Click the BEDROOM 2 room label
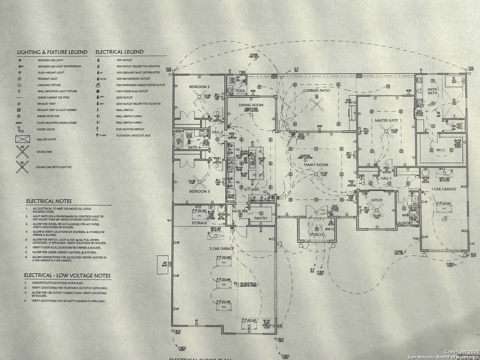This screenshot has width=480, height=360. (x=199, y=87)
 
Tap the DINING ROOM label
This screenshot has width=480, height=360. (x=251, y=105)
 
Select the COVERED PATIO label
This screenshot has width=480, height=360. (x=316, y=91)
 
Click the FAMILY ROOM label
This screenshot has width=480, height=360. (x=316, y=165)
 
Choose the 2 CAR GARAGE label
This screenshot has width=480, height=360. (x=222, y=248)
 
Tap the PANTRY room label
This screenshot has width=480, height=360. (x=261, y=218)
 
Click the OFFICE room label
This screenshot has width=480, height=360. (x=377, y=200)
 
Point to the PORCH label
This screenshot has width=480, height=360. (x=317, y=234)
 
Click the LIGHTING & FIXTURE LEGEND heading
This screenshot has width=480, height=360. (x=52, y=52)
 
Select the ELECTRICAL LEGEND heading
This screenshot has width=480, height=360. (x=119, y=52)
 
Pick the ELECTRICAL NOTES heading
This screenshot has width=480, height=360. (x=49, y=201)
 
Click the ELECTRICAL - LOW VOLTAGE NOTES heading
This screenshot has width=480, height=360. (x=67, y=276)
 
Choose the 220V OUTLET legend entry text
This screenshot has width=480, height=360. (x=124, y=98)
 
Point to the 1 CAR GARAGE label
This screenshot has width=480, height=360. (x=444, y=189)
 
